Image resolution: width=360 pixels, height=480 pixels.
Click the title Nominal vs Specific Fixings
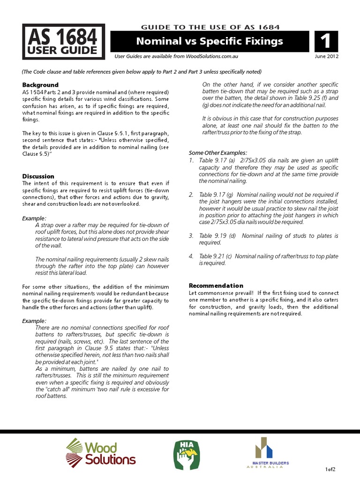209,41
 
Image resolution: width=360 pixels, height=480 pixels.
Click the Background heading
41,85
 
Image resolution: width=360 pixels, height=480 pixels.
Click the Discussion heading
38,176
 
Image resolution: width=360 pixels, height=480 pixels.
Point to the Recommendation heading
216,285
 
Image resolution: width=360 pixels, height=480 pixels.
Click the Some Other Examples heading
217,153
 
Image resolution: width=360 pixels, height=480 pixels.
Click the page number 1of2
330,469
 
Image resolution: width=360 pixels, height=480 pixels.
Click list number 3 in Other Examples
191,236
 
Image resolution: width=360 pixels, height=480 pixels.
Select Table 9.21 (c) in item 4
215,256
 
